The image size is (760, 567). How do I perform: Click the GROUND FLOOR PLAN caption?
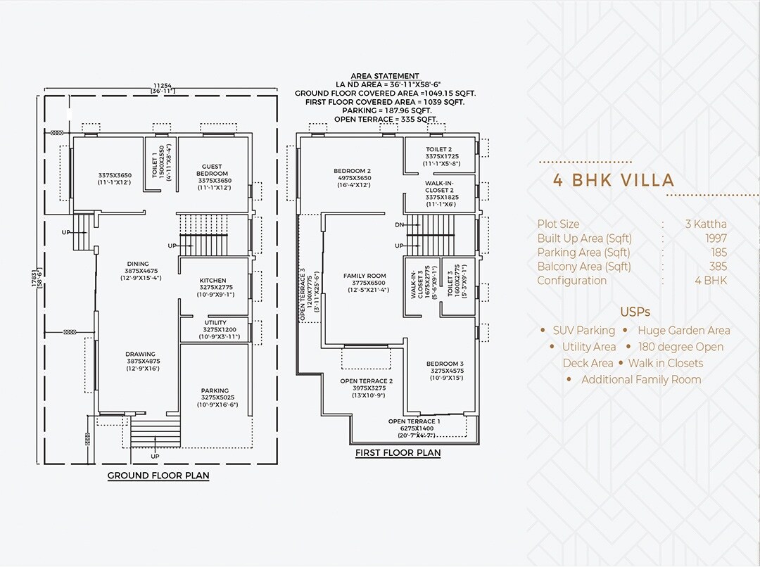pyautogui.click(x=158, y=476)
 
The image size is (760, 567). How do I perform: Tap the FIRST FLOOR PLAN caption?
pyautogui.click(x=398, y=453)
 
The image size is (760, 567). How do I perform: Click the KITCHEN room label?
pyautogui.click(x=213, y=281)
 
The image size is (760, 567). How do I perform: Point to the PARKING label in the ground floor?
pyautogui.click(x=215, y=391)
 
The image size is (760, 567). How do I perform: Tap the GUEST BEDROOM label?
pyautogui.click(x=213, y=170)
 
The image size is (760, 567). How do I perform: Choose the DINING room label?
pyautogui.click(x=138, y=265)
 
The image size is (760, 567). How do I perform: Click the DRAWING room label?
pyautogui.click(x=141, y=355)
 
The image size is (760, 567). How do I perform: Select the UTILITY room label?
pyautogui.click(x=215, y=323)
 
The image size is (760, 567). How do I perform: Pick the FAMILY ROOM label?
pyautogui.click(x=365, y=276)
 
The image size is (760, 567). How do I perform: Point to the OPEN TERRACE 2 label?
pyautogui.click(x=366, y=381)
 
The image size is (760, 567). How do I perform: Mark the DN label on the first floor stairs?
pyautogui.click(x=400, y=225)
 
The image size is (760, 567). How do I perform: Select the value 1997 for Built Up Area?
pyautogui.click(x=716, y=238)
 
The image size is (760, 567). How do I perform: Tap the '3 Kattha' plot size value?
pyautogui.click(x=706, y=224)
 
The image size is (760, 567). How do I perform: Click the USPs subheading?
pyautogui.click(x=635, y=312)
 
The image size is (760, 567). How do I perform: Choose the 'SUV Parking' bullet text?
pyautogui.click(x=583, y=331)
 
